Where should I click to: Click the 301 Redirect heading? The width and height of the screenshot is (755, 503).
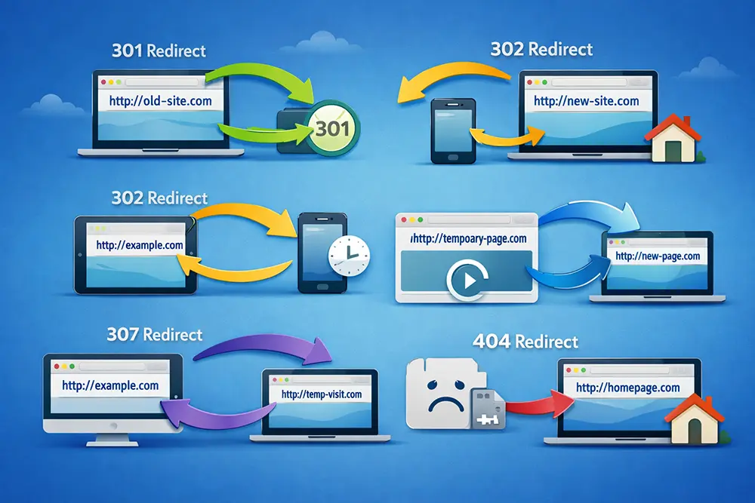point(159,51)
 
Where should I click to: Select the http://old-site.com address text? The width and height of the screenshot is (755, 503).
point(160,101)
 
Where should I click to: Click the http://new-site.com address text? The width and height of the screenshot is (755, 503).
point(586,101)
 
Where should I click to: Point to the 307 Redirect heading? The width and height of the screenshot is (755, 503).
point(155,334)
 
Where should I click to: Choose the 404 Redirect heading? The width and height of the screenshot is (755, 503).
point(525,342)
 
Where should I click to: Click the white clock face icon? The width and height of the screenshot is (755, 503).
point(349,256)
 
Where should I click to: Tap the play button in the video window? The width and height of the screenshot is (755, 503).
point(467,280)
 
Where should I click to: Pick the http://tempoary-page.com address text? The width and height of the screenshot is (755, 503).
point(469,238)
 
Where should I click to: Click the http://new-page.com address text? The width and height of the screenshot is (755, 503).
point(658,256)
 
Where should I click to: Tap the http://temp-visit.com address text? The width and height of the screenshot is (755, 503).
point(322,394)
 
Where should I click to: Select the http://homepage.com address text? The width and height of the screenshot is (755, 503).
point(628,388)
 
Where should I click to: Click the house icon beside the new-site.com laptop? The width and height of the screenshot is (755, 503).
point(673,139)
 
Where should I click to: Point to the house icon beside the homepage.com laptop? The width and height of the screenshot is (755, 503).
point(695,419)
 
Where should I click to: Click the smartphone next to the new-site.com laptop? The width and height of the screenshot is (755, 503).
point(453,130)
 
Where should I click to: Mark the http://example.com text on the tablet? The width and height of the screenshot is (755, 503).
point(140,245)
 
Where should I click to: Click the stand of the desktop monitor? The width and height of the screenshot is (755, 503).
point(112,438)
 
